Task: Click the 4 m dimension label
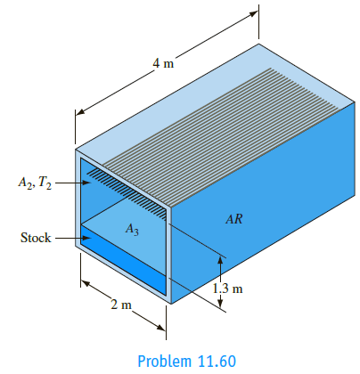click(163, 63)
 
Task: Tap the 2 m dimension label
click(121, 305)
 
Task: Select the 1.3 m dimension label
click(227, 289)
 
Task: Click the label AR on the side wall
click(234, 219)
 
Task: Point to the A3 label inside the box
click(132, 229)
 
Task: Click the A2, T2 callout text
click(35, 183)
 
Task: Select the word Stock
click(36, 238)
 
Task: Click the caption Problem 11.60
click(187, 362)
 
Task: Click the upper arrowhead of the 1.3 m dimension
click(220, 260)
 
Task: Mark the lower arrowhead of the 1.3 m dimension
click(220, 303)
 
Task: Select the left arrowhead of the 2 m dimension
click(86, 283)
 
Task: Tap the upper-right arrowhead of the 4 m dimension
click(253, 13)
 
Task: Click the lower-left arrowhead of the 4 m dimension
click(80, 111)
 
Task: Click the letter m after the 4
click(168, 64)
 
